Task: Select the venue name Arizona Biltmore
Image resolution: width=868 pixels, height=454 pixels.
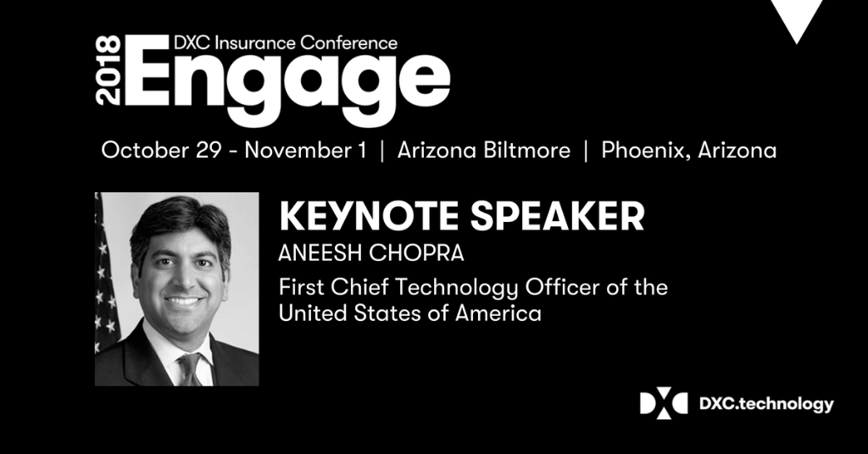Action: [483, 152]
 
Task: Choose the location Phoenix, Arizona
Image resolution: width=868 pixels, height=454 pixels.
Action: [688, 152]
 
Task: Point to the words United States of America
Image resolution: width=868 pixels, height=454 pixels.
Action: [410, 314]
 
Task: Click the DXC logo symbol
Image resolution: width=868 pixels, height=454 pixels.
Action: [663, 403]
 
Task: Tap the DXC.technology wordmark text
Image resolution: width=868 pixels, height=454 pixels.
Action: [765, 404]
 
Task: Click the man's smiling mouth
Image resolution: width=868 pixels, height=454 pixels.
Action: [183, 300]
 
